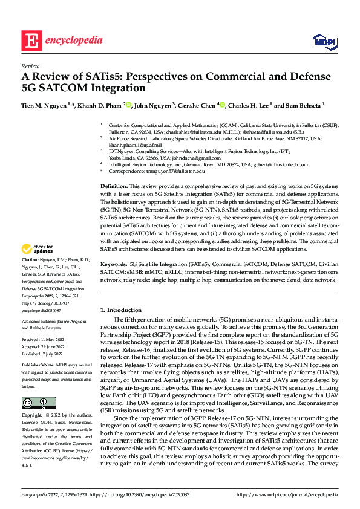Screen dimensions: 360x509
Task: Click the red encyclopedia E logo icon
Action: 30,41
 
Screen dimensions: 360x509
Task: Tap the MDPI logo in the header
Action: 323,41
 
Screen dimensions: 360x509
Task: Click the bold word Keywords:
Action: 114,265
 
